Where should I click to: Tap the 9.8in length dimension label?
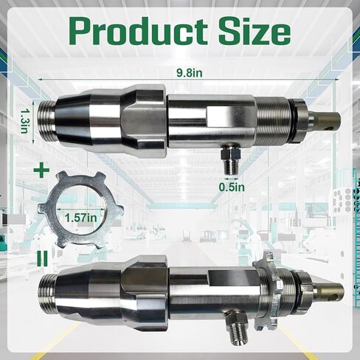coord(191,72)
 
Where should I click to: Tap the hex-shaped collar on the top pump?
coord(140,117)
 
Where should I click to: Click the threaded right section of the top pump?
coord(274,118)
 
